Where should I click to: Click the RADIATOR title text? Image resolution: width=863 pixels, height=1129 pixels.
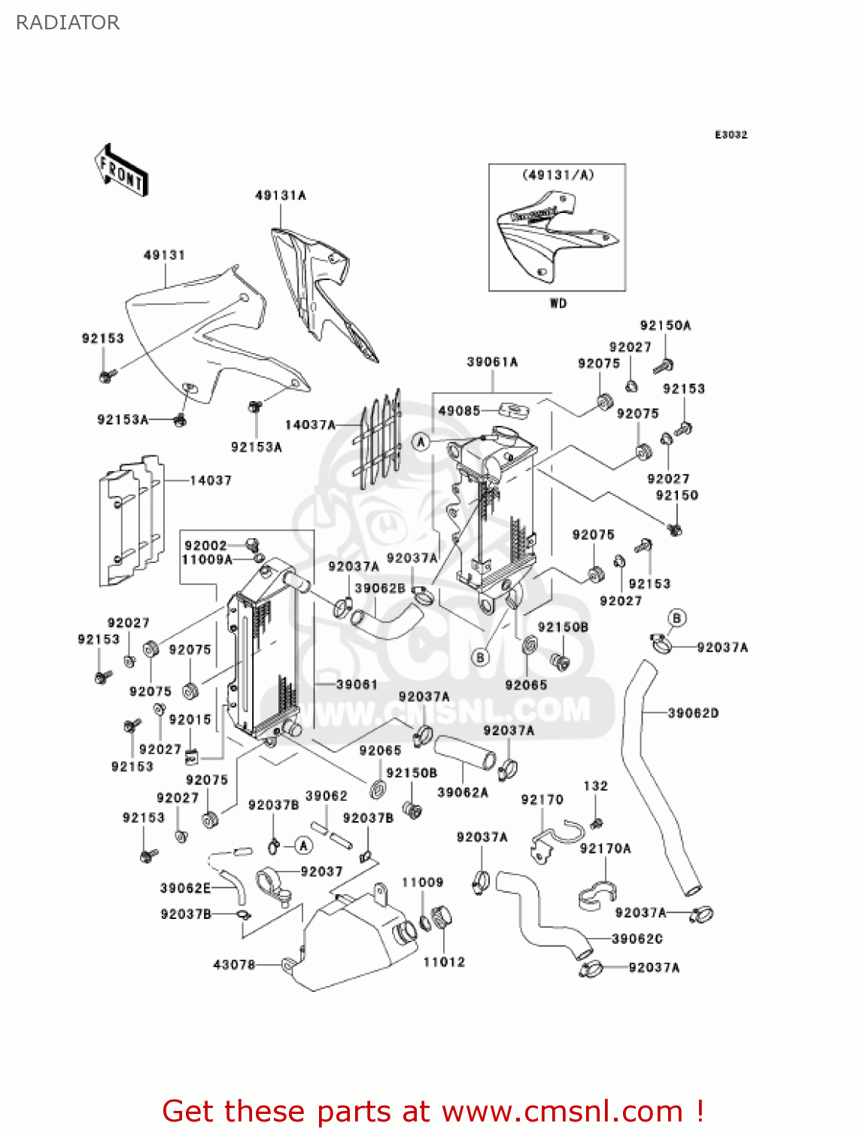point(68,23)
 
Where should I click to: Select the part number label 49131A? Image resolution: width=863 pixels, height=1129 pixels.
point(281,196)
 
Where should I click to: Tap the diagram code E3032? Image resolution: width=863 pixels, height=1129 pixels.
point(731,135)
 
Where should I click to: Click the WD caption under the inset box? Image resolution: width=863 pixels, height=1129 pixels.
point(558,303)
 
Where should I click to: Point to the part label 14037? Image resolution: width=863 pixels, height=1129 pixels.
point(211,480)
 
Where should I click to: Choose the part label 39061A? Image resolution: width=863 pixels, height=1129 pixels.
point(492,362)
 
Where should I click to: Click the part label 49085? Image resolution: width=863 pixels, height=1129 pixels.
point(459,411)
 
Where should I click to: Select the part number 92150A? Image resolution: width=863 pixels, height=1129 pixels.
point(665,326)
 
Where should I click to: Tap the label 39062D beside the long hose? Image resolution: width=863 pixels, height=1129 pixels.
point(693,713)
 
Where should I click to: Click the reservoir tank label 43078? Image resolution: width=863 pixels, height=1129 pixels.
point(234,964)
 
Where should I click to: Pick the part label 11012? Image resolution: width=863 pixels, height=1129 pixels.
point(444,962)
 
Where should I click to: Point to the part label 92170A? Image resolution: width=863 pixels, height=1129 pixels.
point(605,849)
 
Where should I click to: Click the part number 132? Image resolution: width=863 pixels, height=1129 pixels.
point(595,786)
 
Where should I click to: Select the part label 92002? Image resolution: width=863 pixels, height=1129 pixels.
point(205,546)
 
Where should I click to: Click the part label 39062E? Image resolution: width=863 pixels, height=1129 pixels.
point(185,888)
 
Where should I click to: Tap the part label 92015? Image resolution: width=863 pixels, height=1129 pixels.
point(190,720)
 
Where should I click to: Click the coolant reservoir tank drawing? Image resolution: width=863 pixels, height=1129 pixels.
point(354,941)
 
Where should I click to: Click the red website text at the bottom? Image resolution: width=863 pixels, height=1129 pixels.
point(433,1111)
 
